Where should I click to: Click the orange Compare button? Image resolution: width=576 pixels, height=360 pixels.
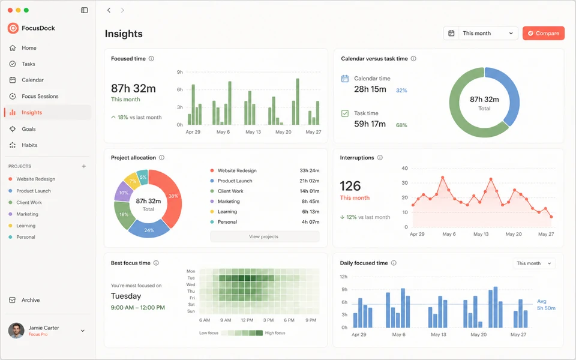click(544, 33)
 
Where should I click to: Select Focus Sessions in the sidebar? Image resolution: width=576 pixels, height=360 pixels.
click(40, 96)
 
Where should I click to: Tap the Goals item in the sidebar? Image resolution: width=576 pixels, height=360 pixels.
click(29, 129)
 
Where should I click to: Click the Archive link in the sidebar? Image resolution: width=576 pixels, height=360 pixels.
click(31, 300)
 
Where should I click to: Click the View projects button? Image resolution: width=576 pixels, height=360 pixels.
click(265, 236)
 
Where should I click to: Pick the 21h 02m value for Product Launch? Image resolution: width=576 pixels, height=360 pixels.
click(310, 181)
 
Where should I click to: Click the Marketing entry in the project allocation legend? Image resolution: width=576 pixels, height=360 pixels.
click(229, 202)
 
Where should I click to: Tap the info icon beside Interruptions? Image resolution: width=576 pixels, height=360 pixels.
click(380, 158)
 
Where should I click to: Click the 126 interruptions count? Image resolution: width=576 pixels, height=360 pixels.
click(350, 186)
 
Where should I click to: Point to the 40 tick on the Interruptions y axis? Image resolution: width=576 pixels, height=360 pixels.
click(404, 168)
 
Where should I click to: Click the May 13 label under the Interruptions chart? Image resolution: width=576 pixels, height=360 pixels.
click(481, 234)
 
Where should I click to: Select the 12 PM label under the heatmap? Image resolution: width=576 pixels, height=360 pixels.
click(247, 320)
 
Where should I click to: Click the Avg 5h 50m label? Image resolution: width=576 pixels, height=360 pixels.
click(546, 305)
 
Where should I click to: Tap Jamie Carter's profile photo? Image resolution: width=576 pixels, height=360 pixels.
click(16, 331)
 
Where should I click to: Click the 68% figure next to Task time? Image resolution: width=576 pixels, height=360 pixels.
click(401, 125)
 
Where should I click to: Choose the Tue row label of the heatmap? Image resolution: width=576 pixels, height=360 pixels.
click(191, 278)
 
